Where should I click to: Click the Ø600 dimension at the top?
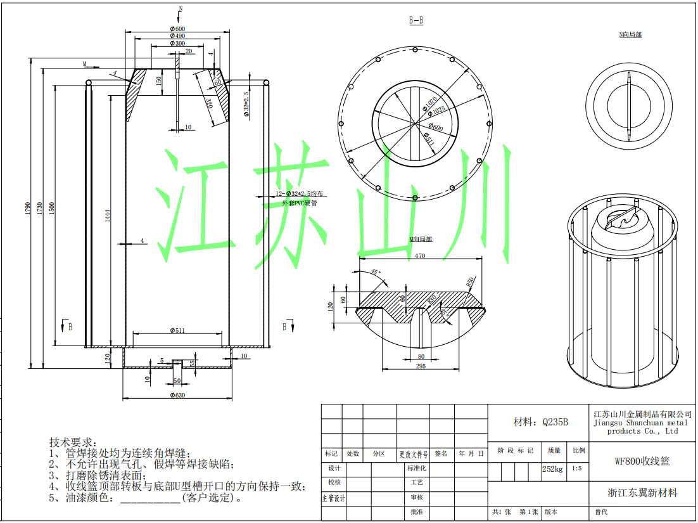pos(177,29)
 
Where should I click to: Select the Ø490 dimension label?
pos(177,36)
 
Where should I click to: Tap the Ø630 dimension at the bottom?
pos(177,396)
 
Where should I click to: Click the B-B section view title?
pos(416,21)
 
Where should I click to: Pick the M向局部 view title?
pos(420,240)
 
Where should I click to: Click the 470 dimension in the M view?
pos(420,256)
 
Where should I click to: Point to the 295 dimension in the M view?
pos(420,366)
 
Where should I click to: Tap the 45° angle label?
pos(375,273)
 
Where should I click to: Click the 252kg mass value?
pos(553,469)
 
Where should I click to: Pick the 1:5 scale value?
pos(576,469)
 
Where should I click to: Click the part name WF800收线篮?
pos(642,461)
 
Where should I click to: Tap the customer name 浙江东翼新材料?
pos(642,493)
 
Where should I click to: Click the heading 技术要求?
pos(73,441)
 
